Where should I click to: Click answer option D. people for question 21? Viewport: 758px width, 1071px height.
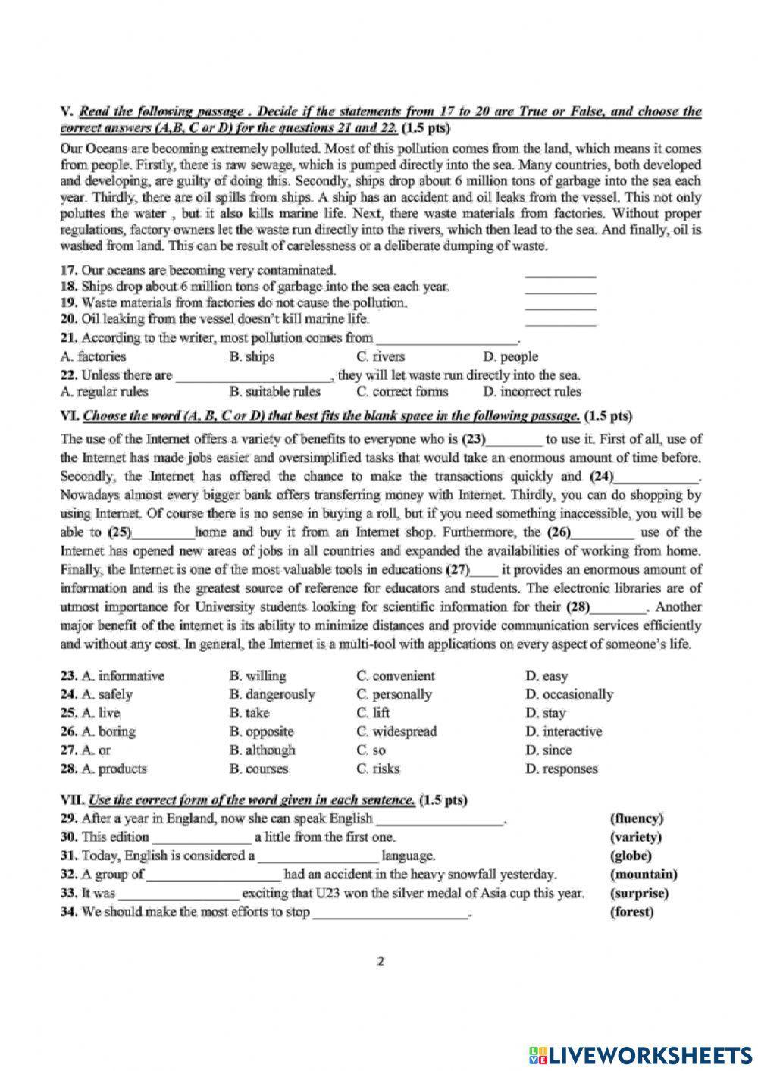509,356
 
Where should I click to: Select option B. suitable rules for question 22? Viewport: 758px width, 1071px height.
274,392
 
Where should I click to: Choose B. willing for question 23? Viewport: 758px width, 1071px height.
257,675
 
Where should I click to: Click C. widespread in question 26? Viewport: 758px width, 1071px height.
396,731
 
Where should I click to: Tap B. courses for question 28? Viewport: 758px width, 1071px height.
258,769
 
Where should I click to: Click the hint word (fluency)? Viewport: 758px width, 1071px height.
636,819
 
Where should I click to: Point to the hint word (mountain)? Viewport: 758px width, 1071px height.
643,874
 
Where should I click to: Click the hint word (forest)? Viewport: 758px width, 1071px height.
631,912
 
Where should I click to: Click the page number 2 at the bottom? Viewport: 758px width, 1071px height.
381,962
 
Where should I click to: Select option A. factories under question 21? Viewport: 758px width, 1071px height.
92,356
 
